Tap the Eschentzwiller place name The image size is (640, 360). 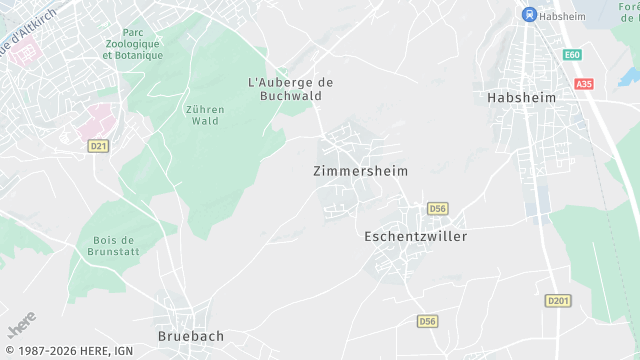point(415,237)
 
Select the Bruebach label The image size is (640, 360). point(192,337)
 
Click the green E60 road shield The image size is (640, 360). point(572,55)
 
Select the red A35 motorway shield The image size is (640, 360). point(584,84)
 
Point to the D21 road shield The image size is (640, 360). point(98,146)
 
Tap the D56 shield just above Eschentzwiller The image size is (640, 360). point(437,208)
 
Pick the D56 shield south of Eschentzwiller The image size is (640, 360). point(427,321)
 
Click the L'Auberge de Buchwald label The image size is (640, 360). point(290,89)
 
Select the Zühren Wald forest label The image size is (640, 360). point(204,115)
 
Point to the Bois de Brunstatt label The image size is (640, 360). point(113,246)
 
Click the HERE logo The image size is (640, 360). point(20,325)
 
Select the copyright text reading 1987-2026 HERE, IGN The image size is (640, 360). point(68,351)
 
